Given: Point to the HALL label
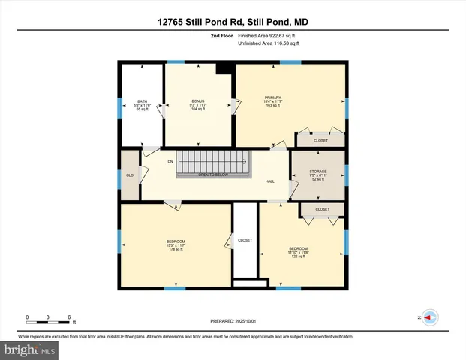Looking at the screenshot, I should pyautogui.click(x=269, y=181).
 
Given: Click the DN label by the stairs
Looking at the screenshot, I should pyautogui.click(x=170, y=161).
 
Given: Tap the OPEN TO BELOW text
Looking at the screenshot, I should pyautogui.click(x=213, y=175).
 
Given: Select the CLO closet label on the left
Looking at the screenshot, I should pyautogui.click(x=130, y=175).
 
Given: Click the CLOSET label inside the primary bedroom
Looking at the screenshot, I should pyautogui.click(x=321, y=140).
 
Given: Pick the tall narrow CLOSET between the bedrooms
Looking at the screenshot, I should pyautogui.click(x=245, y=240).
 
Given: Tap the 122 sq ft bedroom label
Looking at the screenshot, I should pyautogui.click(x=299, y=251).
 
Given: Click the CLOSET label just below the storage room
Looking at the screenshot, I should pyautogui.click(x=323, y=209).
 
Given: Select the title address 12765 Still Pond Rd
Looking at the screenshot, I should pyautogui.click(x=233, y=22).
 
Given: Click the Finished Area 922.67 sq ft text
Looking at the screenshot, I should pyautogui.click(x=268, y=35).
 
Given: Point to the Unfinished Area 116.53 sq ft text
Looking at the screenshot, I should pyautogui.click(x=268, y=43).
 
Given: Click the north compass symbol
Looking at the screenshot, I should pyautogui.click(x=430, y=317).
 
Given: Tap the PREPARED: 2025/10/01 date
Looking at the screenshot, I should pyautogui.click(x=233, y=320).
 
